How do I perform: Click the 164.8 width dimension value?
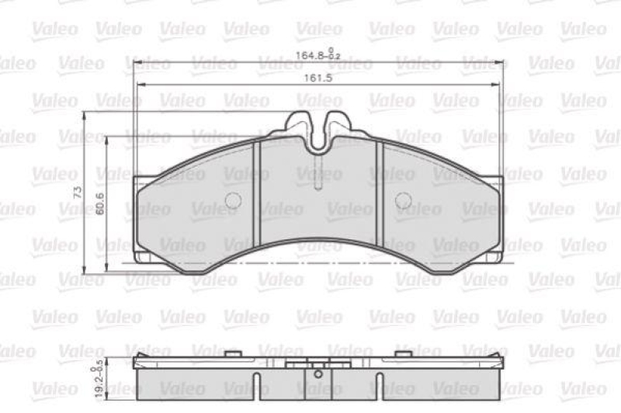point(310,55)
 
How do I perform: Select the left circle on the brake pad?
point(232,201)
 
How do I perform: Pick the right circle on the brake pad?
point(403,201)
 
